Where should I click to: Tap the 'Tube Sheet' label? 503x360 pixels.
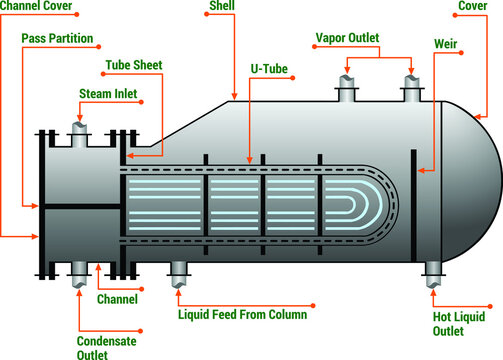(x=133, y=66)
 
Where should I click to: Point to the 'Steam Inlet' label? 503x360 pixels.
(x=108, y=94)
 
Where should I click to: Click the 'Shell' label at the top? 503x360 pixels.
(x=222, y=6)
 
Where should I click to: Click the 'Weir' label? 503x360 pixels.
(x=447, y=45)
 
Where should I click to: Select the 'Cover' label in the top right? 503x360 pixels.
(x=472, y=6)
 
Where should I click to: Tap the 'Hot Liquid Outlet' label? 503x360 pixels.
(x=458, y=324)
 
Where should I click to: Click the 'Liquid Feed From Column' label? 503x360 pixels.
(x=242, y=314)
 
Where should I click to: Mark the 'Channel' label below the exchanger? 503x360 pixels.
(x=117, y=298)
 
